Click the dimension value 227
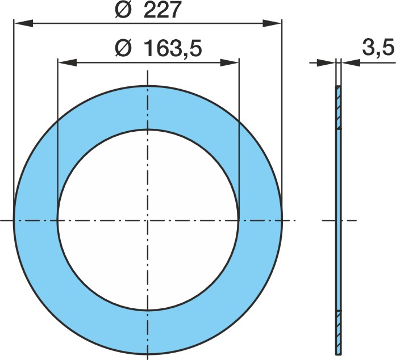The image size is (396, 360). (162, 10)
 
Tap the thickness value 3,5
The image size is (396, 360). (378, 47)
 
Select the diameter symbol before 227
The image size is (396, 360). (123, 10)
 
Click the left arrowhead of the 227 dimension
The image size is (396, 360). (23, 23)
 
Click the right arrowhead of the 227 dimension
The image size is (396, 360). (272, 23)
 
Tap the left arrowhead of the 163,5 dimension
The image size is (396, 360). (67, 62)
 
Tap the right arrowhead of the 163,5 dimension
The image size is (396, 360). (230, 62)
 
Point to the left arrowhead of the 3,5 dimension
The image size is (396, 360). (327, 62)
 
